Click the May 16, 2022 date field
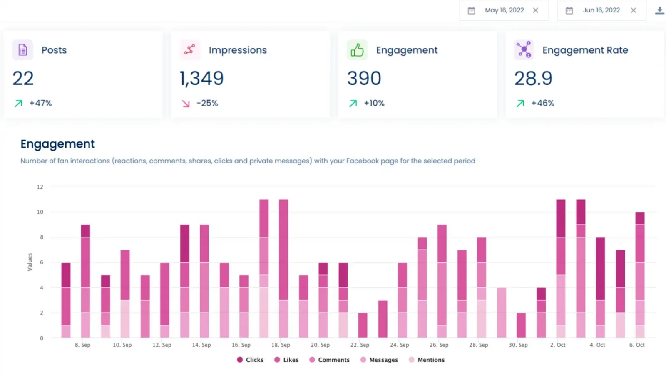(x=504, y=10)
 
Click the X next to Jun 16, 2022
(x=633, y=10)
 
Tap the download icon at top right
(x=659, y=11)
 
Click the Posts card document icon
(x=22, y=50)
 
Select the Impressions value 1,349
(x=201, y=78)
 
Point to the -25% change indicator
(x=207, y=103)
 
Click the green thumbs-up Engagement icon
(x=357, y=50)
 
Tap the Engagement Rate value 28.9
(x=533, y=78)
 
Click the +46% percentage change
(x=542, y=103)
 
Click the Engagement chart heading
(x=57, y=144)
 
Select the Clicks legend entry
(x=250, y=360)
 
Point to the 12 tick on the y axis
(x=40, y=187)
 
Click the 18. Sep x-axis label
(x=281, y=345)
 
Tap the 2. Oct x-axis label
(x=558, y=345)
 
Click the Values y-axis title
(x=30, y=262)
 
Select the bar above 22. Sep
(x=363, y=325)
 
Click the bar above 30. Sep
(x=521, y=325)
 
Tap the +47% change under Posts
(x=40, y=103)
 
